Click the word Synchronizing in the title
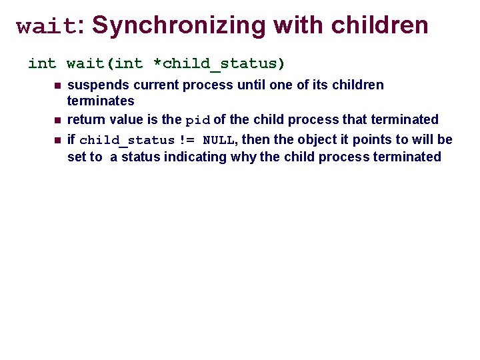[179, 25]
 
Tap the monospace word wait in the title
[47, 27]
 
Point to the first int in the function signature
[42, 64]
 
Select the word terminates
[101, 101]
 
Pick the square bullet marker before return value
[57, 121]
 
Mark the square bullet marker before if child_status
[57, 140]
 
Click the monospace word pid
[197, 121]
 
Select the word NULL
[218, 141]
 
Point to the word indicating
[197, 157]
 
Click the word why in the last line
[244, 157]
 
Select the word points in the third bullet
[371, 140]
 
